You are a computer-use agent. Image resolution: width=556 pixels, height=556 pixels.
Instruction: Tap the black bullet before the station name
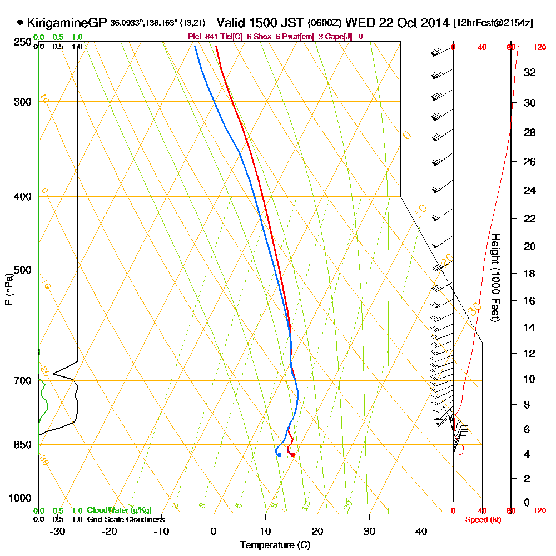(x=21, y=23)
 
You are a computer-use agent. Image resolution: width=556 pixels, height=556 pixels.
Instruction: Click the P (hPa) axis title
(x=8, y=288)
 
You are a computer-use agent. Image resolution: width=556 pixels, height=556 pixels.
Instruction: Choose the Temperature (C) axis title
(x=275, y=545)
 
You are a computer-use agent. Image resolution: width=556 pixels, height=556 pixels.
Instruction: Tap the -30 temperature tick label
(x=58, y=532)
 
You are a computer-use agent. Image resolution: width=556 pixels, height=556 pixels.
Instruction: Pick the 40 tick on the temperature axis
(x=421, y=532)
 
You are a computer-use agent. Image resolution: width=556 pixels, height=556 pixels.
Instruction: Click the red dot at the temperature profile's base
(x=292, y=455)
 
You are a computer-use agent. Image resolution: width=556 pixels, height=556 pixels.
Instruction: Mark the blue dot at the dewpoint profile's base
(x=279, y=455)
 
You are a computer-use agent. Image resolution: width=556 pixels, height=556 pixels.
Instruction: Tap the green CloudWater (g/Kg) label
(x=120, y=510)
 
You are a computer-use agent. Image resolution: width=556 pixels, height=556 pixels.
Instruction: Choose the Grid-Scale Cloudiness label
(x=125, y=519)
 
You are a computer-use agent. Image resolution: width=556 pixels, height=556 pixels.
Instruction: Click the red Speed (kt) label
(x=481, y=520)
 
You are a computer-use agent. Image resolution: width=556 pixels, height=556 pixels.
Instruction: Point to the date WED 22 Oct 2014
(x=397, y=23)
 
